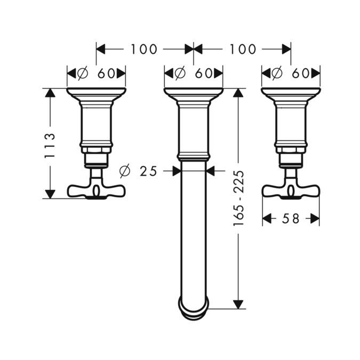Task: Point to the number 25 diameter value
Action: [x=148, y=171]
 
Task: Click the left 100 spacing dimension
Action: [x=144, y=50]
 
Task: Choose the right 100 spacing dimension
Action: [x=243, y=50]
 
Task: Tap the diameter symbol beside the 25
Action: [x=124, y=171]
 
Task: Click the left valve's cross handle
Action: [x=97, y=189]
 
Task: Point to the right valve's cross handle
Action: [x=291, y=189]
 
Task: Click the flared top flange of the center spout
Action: [x=193, y=95]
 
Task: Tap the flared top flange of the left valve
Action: [x=97, y=95]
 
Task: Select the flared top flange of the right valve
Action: [x=291, y=95]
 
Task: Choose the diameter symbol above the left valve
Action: [x=83, y=73]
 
